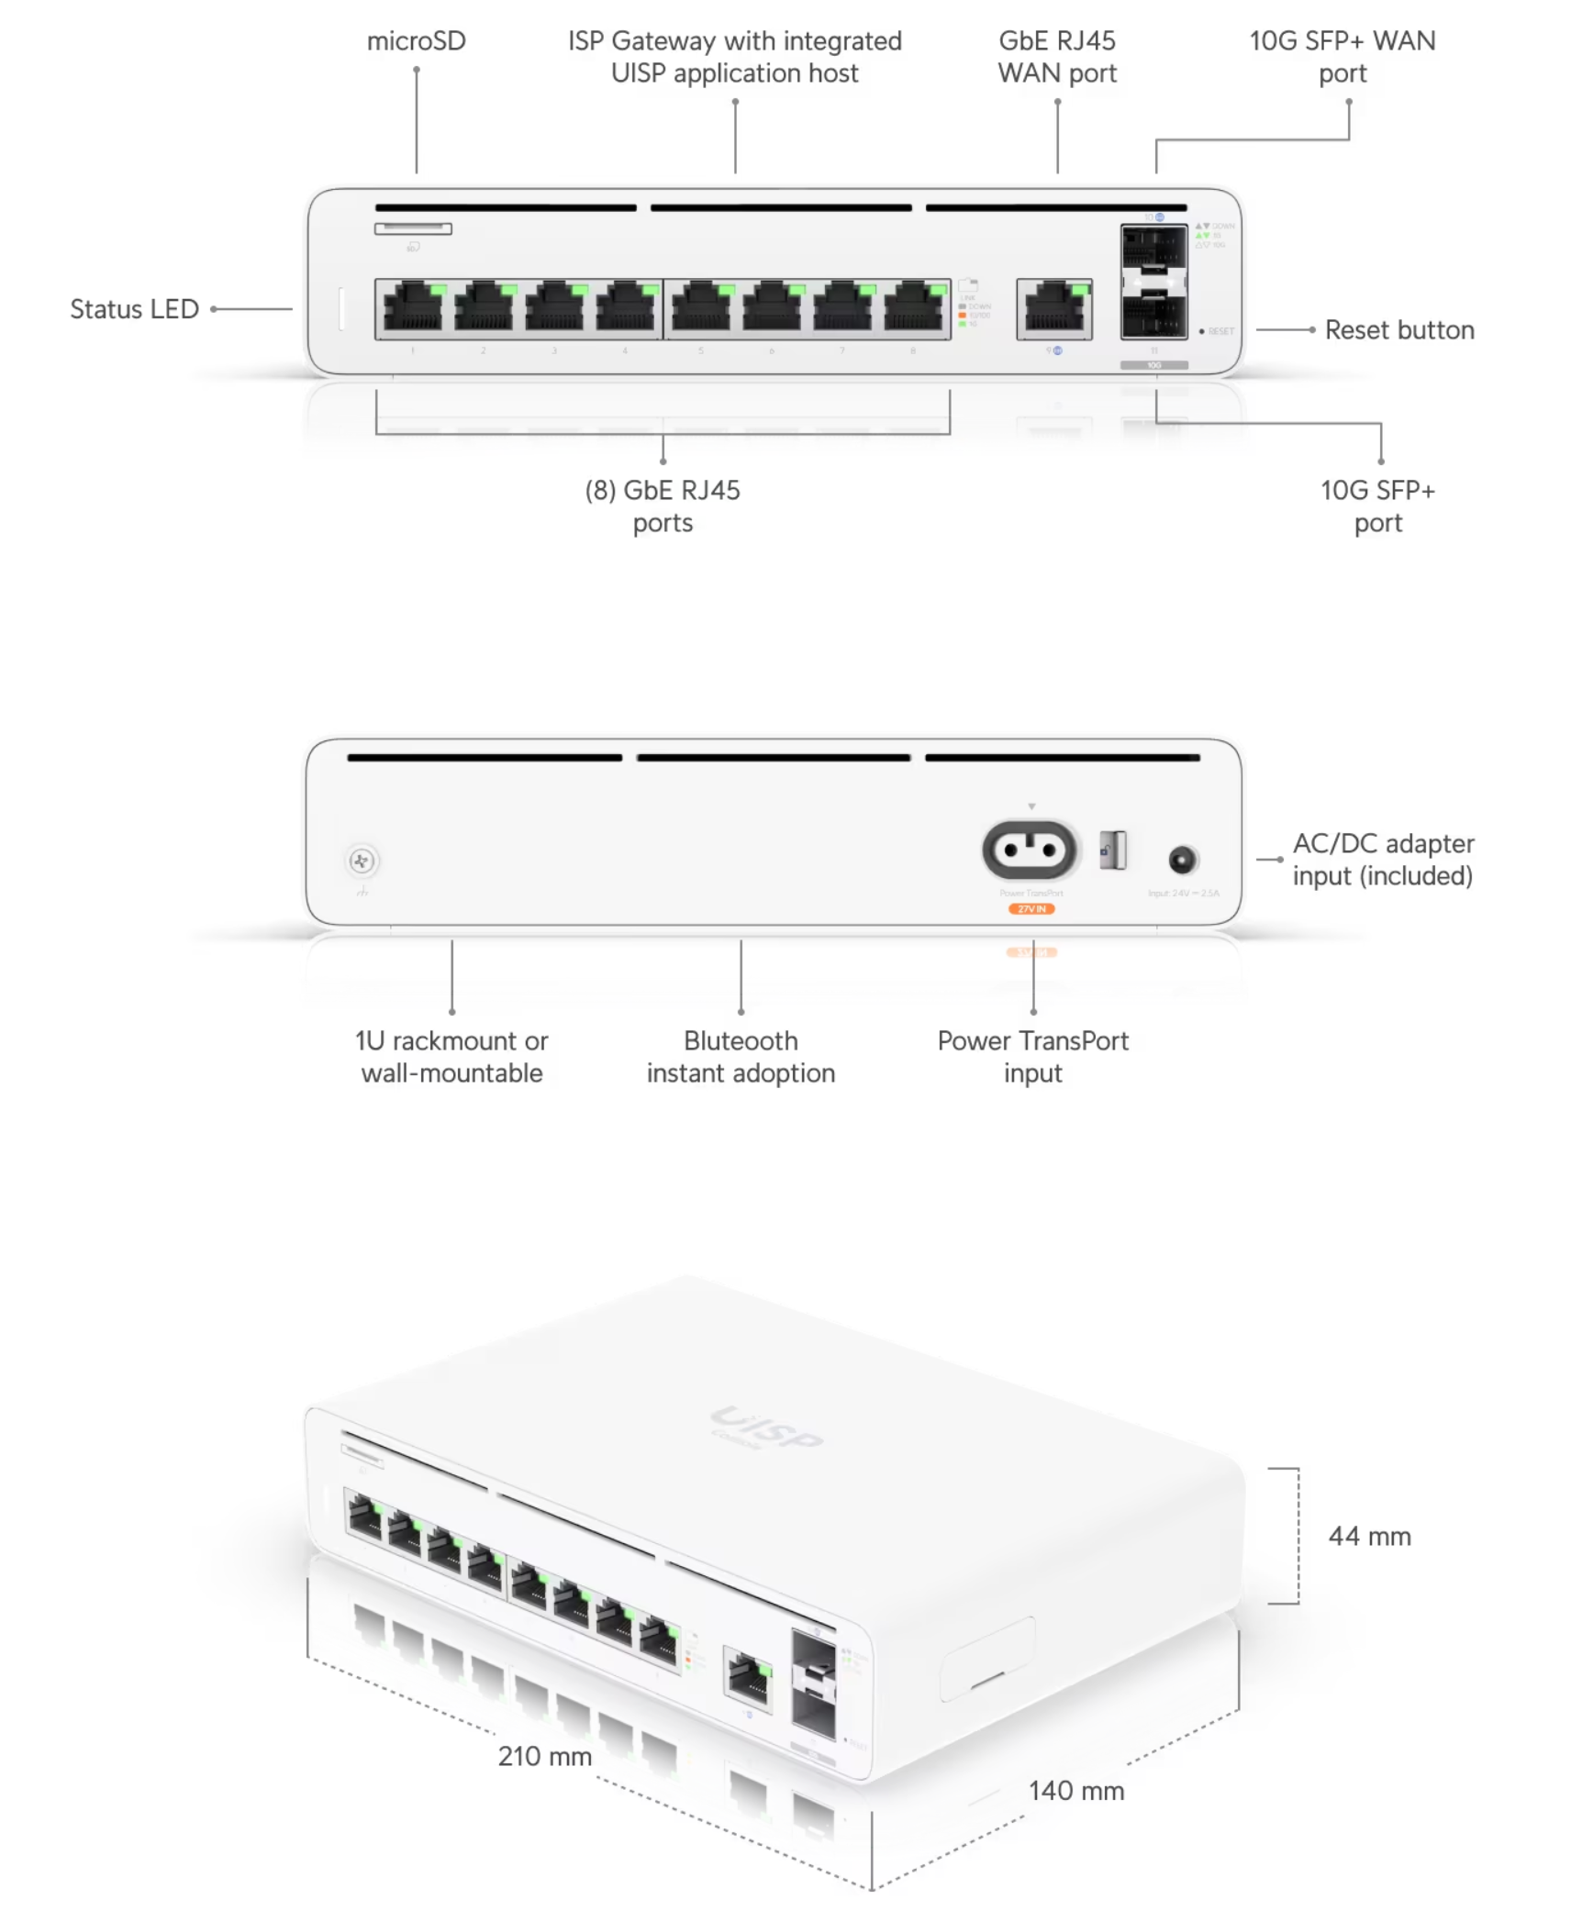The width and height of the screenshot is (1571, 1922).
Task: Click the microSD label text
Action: (x=416, y=41)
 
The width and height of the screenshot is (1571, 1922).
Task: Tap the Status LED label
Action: (x=134, y=309)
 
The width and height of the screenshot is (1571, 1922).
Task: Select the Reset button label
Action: (x=1398, y=330)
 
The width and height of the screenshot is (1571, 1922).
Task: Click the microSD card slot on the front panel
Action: (x=413, y=228)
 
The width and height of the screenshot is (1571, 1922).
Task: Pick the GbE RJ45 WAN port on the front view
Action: (x=1053, y=308)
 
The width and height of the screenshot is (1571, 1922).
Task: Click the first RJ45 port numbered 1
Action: (x=412, y=307)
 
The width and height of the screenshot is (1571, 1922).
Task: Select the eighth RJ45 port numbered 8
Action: (x=914, y=307)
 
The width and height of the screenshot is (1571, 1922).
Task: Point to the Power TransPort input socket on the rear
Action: (x=1030, y=850)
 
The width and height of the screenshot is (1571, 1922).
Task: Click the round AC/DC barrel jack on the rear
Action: (x=1182, y=860)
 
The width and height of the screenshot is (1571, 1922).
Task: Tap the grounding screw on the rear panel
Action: (x=362, y=861)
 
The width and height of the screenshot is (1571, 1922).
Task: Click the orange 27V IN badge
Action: (x=1031, y=908)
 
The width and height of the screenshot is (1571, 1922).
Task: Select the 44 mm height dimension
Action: (x=1369, y=1537)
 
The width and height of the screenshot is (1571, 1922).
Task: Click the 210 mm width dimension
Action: (x=544, y=1756)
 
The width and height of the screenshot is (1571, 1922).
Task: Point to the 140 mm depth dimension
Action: (x=1075, y=1791)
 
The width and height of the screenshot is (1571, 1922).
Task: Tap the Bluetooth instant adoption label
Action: (x=741, y=1057)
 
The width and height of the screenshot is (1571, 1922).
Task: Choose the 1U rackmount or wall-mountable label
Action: (x=451, y=1057)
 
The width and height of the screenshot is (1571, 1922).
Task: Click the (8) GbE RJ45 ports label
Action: (x=663, y=506)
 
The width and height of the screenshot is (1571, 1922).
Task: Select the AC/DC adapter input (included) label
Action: (x=1382, y=860)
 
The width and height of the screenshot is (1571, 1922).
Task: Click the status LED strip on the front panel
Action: (x=341, y=309)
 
